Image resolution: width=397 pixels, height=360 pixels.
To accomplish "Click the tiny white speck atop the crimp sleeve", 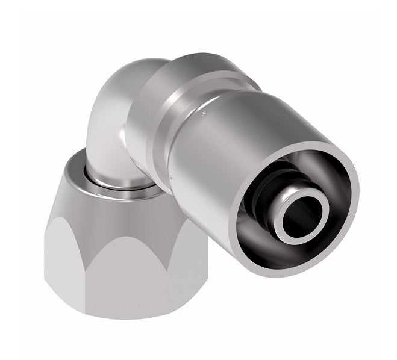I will pos(207,111).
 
